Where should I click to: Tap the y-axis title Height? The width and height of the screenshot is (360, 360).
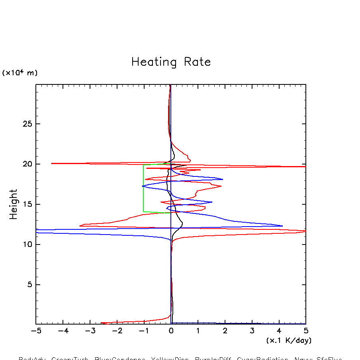tap(14, 204)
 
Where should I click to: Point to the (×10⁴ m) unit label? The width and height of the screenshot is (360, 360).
tap(20, 73)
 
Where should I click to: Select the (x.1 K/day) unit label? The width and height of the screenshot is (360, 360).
tap(289, 340)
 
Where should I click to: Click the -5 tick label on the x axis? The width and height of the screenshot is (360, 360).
tap(36, 331)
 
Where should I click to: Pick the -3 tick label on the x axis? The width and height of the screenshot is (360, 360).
tap(90, 331)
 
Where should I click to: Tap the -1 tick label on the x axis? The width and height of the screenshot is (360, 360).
tap(144, 331)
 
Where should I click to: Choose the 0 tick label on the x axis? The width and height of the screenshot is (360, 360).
tap(171, 331)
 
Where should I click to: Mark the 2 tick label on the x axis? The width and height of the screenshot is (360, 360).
tap(225, 331)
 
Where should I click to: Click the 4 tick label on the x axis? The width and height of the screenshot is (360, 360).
tap(279, 331)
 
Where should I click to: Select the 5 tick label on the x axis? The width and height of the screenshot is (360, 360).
tap(306, 331)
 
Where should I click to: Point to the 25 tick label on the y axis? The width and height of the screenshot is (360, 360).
tap(26, 124)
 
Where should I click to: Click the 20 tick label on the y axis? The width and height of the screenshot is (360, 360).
tap(26, 164)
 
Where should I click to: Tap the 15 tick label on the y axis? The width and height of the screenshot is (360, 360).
tap(26, 204)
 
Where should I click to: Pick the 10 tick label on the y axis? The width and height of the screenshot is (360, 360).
tap(26, 245)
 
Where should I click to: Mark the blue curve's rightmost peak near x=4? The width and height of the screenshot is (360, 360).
tap(282, 226)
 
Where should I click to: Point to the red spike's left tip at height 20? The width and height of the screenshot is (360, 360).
tap(52, 163)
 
